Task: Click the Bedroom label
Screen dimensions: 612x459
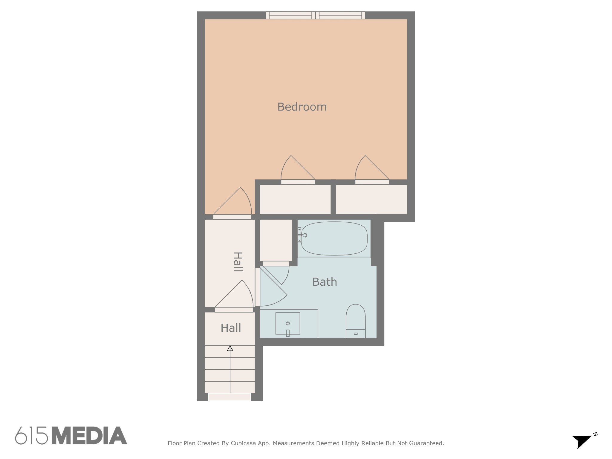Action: tap(302, 107)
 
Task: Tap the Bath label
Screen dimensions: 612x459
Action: tap(325, 282)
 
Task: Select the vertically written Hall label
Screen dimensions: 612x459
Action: tap(238, 262)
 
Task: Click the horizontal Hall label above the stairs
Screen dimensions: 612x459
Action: tap(231, 328)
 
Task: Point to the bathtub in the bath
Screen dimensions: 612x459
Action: tap(334, 238)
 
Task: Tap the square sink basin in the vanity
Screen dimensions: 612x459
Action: tap(288, 323)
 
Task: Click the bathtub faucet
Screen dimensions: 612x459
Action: tap(302, 235)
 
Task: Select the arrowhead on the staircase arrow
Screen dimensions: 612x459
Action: tap(230, 348)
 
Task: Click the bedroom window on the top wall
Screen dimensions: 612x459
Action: tap(316, 15)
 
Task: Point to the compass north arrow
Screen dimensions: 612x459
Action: tap(582, 441)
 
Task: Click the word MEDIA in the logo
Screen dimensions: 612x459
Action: tap(90, 436)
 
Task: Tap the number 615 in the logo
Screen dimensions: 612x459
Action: tap(32, 436)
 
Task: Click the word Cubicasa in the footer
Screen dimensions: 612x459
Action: tap(243, 443)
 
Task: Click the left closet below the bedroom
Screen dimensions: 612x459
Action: tap(295, 199)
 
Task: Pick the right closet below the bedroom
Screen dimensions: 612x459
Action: tap(371, 199)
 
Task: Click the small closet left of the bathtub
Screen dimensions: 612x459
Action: tap(276, 240)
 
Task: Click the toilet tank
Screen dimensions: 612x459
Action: tap(356, 333)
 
